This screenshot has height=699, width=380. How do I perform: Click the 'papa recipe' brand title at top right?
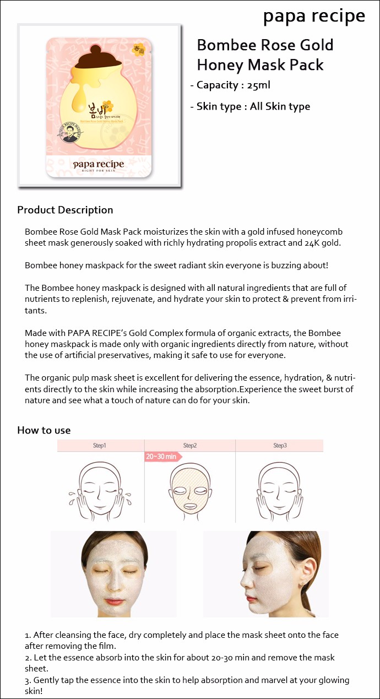pos(314,16)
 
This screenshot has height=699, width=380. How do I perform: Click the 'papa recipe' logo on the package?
pos(99,164)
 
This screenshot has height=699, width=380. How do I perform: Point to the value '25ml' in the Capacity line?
pos(259,85)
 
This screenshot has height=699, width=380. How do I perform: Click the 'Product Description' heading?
pos(65,210)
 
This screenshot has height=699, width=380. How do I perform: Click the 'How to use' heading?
pos(44,430)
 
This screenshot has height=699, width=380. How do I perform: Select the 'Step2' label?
pos(190,445)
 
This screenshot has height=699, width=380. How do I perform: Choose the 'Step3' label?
pos(280,445)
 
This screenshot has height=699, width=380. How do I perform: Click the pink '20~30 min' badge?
pos(161,457)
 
